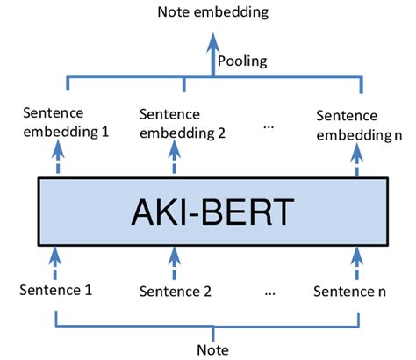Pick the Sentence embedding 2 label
coord(183,125)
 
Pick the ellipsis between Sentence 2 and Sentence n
coord(270,291)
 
